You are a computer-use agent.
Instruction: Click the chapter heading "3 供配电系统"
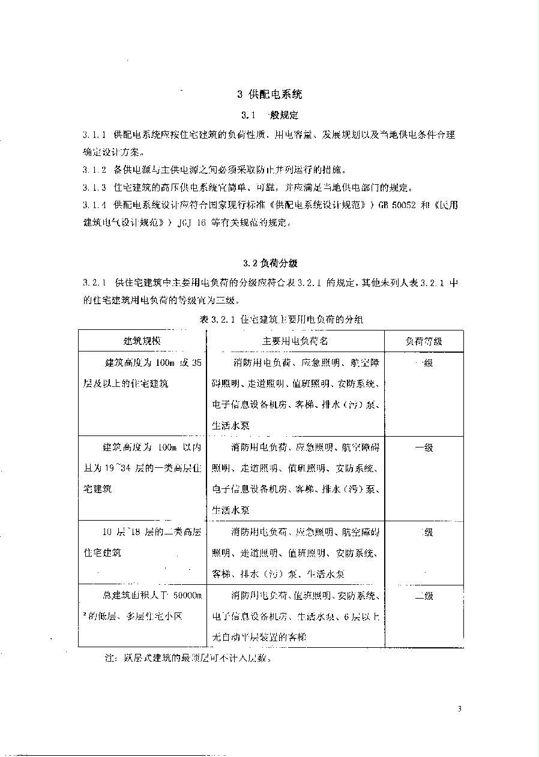269,94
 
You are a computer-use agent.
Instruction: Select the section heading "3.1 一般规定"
269,115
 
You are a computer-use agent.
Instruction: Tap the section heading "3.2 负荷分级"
270,263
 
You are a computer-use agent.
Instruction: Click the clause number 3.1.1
94,135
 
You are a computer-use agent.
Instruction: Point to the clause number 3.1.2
94,170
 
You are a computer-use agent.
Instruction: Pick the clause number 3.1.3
94,187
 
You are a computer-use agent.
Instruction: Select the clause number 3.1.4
94,205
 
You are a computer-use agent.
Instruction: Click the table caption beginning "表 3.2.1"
281,320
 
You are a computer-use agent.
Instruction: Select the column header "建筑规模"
142,341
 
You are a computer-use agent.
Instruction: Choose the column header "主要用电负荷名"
295,341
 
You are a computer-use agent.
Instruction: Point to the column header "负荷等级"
424,341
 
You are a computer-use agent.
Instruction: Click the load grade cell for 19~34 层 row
424,447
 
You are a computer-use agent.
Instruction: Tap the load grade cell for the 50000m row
424,596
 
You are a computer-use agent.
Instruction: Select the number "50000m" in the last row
187,596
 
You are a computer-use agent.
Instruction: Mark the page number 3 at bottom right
459,710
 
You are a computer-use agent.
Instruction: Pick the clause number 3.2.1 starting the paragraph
94,282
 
